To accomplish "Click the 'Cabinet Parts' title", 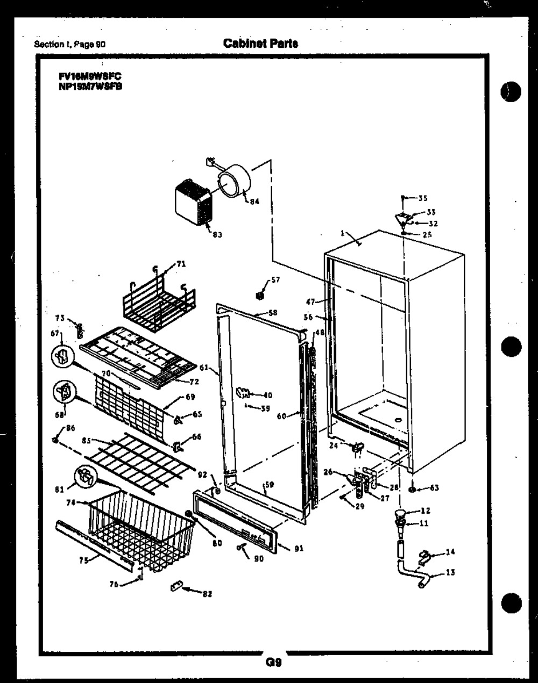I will (260, 44).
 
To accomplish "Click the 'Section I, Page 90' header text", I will (69, 45).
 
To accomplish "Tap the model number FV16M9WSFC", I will (90, 77).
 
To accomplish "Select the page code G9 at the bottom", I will (274, 662).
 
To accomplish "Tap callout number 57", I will (275, 280).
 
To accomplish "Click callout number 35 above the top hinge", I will (423, 198).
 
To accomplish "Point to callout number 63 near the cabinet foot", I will (435, 488).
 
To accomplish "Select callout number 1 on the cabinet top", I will (342, 234).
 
